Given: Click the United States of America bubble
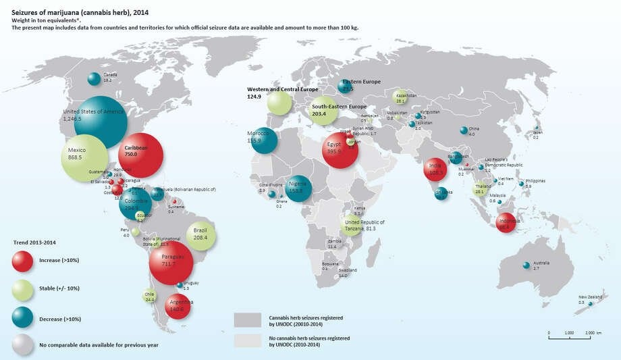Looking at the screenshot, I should click(x=95, y=120).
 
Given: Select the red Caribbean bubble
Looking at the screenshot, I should click(x=140, y=155).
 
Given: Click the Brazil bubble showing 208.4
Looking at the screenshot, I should click(x=201, y=236).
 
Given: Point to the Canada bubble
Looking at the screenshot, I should click(x=94, y=79).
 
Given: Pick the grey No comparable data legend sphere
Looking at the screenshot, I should click(x=26, y=345).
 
